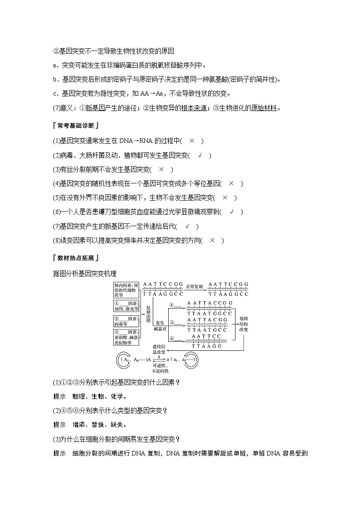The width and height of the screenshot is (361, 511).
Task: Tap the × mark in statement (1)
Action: (192, 141)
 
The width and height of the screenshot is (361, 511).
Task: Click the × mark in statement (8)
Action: (212, 240)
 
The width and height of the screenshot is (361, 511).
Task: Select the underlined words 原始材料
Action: (264, 108)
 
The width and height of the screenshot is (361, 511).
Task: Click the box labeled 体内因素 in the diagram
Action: (126, 290)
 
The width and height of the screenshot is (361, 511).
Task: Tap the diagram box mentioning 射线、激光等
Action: (126, 306)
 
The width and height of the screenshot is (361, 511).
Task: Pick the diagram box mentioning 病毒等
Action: (126, 321)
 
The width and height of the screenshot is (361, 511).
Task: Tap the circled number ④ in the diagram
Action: (172, 305)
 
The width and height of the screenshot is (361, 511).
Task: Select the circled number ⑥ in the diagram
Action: (172, 339)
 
